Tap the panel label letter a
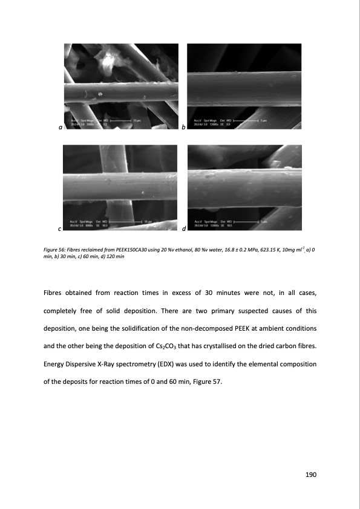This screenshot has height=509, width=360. click(x=59, y=128)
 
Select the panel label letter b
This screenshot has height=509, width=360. click(x=183, y=128)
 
